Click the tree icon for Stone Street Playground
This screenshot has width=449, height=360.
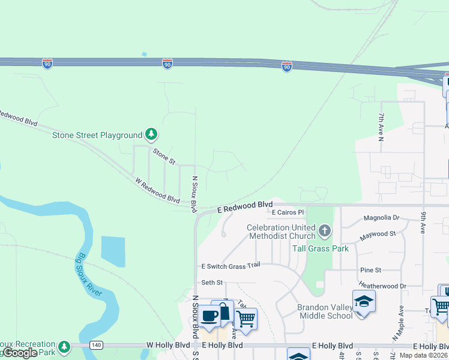[152, 134]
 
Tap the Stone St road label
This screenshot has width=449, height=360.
[163, 157]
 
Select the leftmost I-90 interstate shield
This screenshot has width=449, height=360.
[47, 64]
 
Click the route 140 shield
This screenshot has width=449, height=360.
[95, 345]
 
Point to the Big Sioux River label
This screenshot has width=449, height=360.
[91, 279]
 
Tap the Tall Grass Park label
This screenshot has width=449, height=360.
[320, 248]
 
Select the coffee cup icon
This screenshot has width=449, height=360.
[209, 316]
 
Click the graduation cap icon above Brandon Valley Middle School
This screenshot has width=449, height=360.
[364, 301]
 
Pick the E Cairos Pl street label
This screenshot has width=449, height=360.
[288, 212]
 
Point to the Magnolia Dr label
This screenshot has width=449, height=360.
[382, 218]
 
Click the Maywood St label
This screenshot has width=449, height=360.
[378, 233]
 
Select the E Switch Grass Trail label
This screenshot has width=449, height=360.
[231, 265]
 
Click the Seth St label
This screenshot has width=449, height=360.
[212, 283]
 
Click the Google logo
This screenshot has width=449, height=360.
[19, 353]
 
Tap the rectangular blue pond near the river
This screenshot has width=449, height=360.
[114, 251]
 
